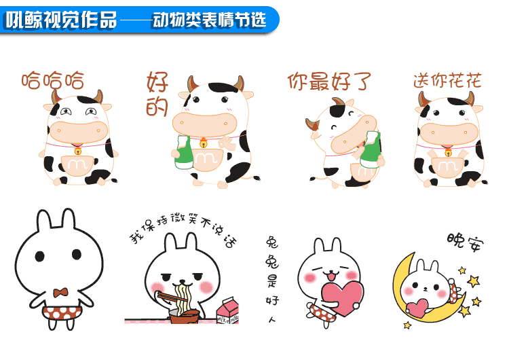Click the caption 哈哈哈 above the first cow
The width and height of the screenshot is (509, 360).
(x=53, y=81)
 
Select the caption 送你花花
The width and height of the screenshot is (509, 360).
(x=447, y=81)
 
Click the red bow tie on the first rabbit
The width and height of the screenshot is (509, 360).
(x=61, y=293)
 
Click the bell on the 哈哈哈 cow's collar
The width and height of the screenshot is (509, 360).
(x=77, y=150)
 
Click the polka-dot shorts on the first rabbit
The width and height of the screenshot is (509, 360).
(x=62, y=313)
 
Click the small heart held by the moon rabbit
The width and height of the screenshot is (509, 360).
(x=419, y=304)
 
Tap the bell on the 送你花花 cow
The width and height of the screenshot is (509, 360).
(x=448, y=153)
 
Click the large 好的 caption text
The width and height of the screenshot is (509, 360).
(x=157, y=95)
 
